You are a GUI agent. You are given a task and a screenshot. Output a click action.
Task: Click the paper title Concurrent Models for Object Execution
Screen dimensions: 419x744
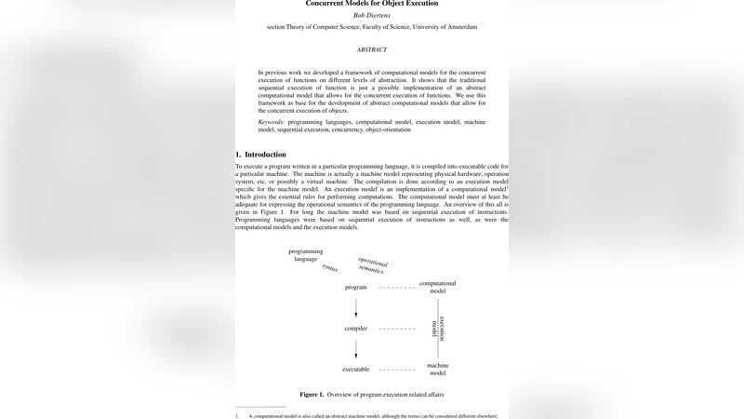click(372, 3)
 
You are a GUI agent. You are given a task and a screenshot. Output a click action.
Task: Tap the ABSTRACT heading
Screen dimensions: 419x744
click(372, 48)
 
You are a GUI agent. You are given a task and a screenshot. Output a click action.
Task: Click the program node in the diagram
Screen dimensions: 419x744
click(356, 287)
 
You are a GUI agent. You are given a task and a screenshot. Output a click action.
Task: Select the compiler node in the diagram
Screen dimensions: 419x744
click(356, 328)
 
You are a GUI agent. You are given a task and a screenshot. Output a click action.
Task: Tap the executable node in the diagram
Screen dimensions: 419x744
click(356, 369)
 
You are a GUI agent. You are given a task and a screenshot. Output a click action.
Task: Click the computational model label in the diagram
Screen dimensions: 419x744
click(438, 286)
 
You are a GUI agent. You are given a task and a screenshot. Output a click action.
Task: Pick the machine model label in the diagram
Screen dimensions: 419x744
click(438, 369)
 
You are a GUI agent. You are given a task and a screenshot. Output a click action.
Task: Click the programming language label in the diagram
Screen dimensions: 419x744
click(305, 255)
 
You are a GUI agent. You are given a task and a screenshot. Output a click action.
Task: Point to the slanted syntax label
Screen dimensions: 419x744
click(329, 267)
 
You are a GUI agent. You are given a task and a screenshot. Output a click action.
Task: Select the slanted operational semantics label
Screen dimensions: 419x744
click(372, 264)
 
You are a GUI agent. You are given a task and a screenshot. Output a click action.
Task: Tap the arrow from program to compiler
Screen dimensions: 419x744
click(356, 307)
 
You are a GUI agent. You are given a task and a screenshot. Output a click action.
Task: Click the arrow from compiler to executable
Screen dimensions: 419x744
click(356, 348)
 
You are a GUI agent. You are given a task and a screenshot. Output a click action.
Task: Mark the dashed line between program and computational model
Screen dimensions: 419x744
click(397, 287)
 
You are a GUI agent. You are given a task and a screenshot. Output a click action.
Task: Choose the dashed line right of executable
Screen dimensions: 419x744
click(397, 369)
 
